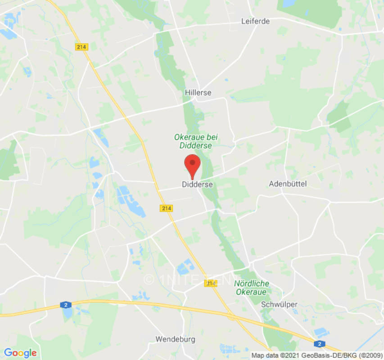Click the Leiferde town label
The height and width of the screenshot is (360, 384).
point(255,21)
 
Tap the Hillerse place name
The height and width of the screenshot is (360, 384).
point(198,92)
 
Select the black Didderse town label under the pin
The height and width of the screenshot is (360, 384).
point(197,184)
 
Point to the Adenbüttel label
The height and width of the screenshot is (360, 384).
point(288,184)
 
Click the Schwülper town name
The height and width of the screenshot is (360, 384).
point(279,304)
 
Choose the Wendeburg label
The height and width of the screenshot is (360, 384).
point(176,339)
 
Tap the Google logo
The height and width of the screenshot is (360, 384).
point(20,353)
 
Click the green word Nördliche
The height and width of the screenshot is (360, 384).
point(252,283)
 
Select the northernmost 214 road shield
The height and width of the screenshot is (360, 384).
point(82,46)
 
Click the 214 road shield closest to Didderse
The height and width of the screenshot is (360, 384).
point(166,208)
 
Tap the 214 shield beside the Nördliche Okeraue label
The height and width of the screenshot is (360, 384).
point(210,283)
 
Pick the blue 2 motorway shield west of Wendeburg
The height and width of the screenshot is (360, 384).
point(66,305)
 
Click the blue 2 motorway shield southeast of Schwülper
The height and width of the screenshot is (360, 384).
point(319,344)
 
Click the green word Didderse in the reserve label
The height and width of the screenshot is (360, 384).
point(195,145)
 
